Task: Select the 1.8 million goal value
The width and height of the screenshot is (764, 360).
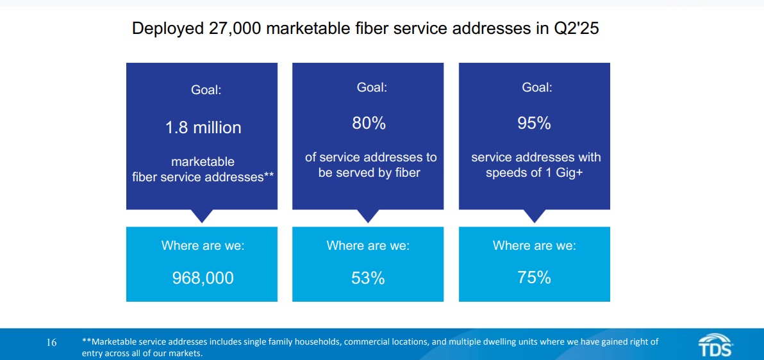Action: (x=203, y=127)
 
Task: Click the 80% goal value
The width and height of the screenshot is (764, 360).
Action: (x=369, y=124)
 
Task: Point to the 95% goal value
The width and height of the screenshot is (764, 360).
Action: (x=534, y=124)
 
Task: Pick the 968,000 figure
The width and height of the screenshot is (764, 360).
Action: (x=203, y=278)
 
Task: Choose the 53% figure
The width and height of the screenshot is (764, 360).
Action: (x=368, y=278)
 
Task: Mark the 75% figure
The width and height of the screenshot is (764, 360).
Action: (x=534, y=277)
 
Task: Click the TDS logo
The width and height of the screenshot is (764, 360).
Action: (x=715, y=345)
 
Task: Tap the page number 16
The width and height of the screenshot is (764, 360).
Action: (x=51, y=343)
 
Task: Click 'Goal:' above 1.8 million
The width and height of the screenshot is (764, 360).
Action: (x=206, y=90)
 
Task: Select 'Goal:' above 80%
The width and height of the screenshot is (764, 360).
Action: (x=372, y=88)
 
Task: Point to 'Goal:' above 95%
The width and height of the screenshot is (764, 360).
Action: (x=537, y=88)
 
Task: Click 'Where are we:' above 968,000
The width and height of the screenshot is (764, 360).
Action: (x=203, y=245)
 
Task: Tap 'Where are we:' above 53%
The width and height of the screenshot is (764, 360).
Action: (x=368, y=245)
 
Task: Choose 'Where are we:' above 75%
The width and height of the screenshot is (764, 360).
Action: (x=534, y=245)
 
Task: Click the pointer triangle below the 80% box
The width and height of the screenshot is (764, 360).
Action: (x=368, y=215)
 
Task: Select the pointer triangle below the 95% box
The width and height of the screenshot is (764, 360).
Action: (x=534, y=215)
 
